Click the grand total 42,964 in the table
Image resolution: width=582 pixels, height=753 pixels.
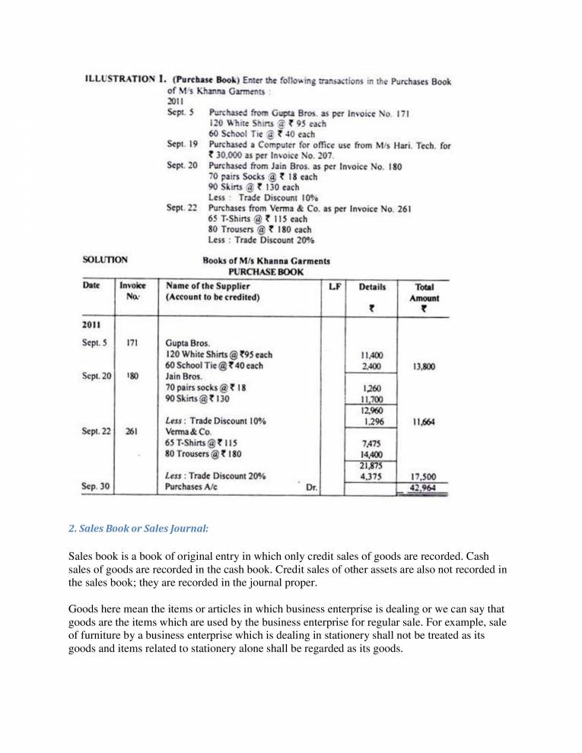(x=423, y=488)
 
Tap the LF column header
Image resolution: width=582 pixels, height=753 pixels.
(x=332, y=288)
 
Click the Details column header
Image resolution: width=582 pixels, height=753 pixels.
(x=371, y=288)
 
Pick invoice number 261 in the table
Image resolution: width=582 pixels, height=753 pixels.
(x=132, y=432)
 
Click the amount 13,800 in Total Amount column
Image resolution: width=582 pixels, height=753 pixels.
(x=423, y=366)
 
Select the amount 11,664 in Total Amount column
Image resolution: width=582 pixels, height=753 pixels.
(x=423, y=421)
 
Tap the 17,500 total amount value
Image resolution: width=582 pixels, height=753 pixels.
(x=423, y=477)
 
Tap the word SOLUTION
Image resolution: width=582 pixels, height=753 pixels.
(x=105, y=260)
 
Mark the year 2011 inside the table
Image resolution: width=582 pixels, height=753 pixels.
(x=94, y=325)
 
